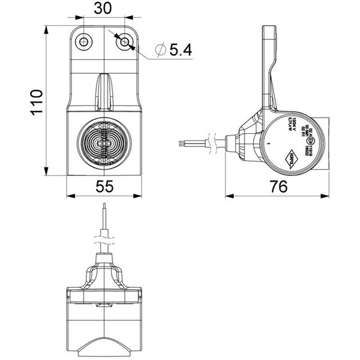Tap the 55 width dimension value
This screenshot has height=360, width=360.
105,187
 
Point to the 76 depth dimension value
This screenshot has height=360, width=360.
277,187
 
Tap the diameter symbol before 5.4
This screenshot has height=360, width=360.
160,51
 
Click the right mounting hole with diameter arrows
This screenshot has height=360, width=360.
124,41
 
